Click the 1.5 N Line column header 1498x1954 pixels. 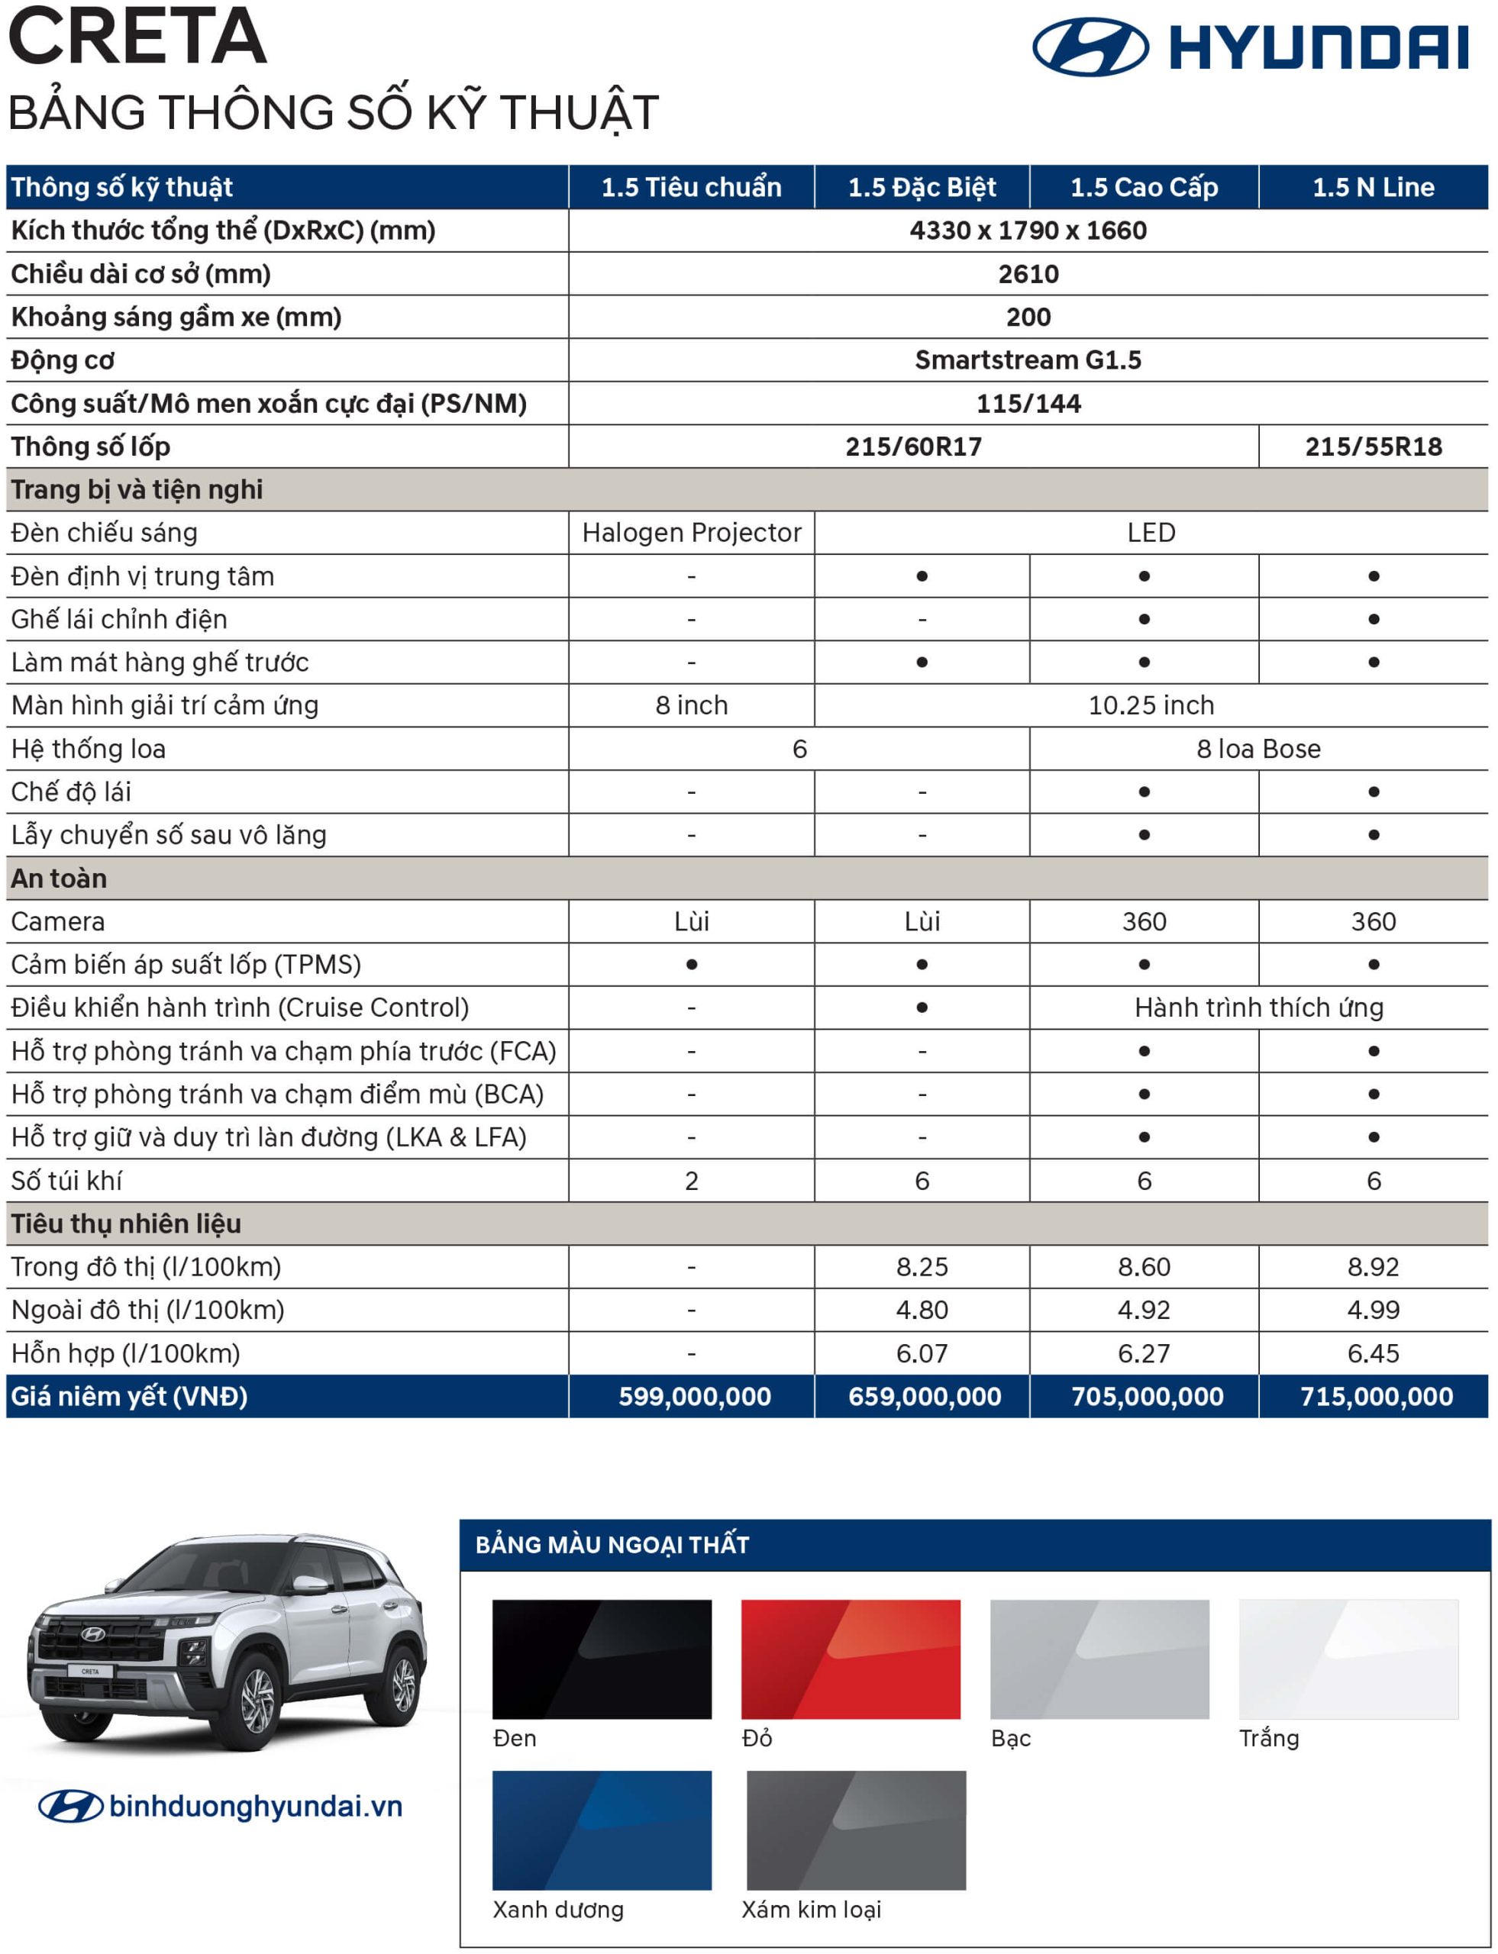1373,187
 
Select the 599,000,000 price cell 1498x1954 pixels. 695,1396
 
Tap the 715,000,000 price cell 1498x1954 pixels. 1376,1396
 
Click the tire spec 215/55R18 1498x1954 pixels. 1373,447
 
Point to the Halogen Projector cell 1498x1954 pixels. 692,533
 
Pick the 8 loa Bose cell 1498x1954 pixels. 1258,749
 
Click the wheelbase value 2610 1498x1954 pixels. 1028,274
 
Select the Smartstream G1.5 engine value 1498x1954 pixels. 1028,360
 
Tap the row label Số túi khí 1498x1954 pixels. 67,1180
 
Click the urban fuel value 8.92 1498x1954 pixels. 1373,1267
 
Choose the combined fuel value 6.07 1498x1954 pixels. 922,1353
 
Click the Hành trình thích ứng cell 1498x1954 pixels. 1258,1008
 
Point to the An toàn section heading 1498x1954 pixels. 59,878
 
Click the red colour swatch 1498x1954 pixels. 851,1659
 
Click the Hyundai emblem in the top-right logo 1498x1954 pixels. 1090,47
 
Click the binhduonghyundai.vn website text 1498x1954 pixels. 255,1807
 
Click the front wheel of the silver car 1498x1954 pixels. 260,1703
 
